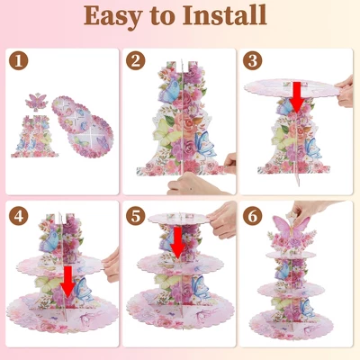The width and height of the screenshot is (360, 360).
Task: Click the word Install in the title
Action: (x=225, y=15)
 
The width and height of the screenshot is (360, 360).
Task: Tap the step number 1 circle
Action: (x=18, y=60)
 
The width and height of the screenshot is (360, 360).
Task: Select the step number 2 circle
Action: (x=136, y=60)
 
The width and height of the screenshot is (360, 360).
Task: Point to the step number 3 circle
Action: (x=253, y=60)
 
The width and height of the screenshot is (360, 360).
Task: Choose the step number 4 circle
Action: (x=18, y=216)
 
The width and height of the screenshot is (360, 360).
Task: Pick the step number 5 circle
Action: (x=136, y=216)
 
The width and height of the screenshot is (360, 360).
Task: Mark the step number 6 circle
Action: (x=253, y=216)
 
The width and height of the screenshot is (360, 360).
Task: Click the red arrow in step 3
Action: (x=298, y=96)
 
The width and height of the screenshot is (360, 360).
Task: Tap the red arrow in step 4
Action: (x=68, y=282)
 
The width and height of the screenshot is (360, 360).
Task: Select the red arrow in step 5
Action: (x=177, y=243)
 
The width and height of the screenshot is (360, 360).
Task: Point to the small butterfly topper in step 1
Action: (x=37, y=102)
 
